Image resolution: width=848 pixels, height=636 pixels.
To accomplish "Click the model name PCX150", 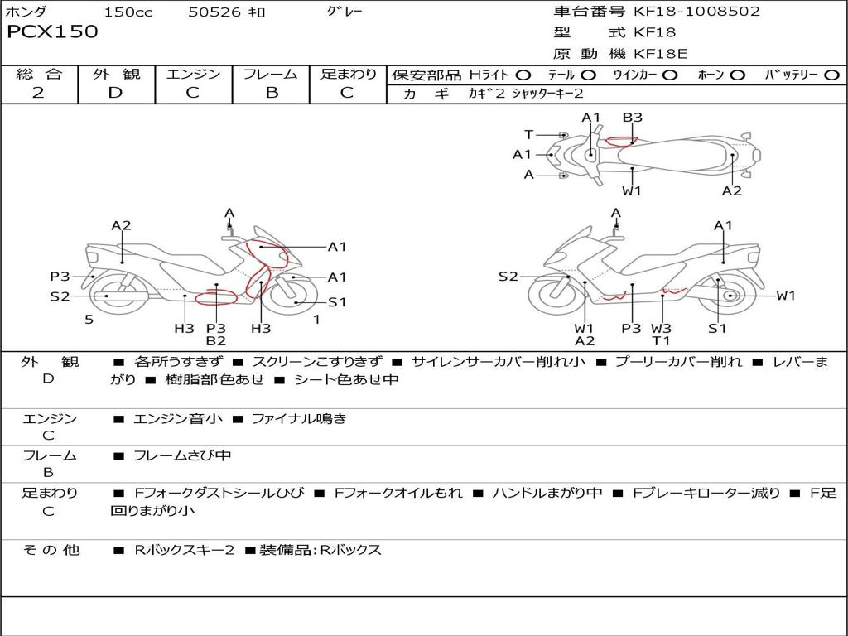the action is pos(52,31).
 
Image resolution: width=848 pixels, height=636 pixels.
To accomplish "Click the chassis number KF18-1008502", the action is pos(696,12).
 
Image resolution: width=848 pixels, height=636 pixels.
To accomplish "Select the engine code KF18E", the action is pos(660,54).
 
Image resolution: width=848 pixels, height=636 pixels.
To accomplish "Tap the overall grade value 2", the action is pos(38,93).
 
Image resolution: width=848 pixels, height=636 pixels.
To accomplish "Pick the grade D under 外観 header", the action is pos(116,93).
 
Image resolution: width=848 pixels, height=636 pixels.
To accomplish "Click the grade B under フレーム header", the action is pos(272,93).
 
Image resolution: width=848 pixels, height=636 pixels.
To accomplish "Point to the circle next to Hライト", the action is pos(523,75).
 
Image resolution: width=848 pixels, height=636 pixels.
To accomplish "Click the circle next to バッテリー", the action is pos(831,75).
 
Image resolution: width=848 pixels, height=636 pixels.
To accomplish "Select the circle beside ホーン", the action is pos(737,75).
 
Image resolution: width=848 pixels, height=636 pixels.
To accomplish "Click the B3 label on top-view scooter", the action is pos(632,118).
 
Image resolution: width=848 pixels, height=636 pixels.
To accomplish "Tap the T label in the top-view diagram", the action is pos(529,135).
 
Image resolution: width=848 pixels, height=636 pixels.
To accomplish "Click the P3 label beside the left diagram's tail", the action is pos(60,277).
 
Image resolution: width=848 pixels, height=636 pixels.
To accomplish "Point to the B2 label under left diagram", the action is pos(216,340).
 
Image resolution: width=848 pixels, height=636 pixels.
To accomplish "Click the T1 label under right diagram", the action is pos(661,340).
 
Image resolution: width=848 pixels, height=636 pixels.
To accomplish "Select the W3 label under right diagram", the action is pos(661,328).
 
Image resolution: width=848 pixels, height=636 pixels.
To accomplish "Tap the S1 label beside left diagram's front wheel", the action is pos(337,302).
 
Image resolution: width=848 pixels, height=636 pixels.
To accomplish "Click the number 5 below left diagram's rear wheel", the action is pos(89,320).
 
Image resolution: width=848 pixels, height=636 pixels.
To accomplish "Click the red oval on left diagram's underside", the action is pos(216,297).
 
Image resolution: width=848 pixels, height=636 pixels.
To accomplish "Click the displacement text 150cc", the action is pos(128,12).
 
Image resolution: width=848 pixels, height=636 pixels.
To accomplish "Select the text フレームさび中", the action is pos(182,456).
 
